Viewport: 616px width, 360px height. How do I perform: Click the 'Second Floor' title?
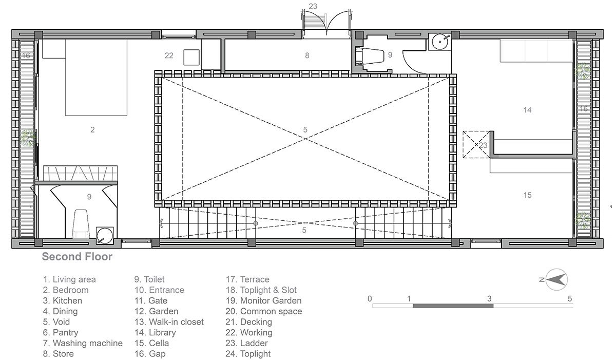click(x=77, y=257)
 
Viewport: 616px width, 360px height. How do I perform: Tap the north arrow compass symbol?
click(x=556, y=280)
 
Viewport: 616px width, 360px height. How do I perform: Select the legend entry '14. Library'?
click(x=155, y=332)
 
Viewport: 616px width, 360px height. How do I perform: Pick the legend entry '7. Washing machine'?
click(x=83, y=343)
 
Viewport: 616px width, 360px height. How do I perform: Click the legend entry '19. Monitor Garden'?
click(x=263, y=300)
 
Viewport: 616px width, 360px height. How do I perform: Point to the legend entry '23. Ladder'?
click(x=247, y=343)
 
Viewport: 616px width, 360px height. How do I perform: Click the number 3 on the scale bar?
click(x=489, y=299)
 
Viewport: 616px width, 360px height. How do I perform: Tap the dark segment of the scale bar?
click(x=453, y=306)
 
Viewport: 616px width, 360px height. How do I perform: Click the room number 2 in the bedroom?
click(x=92, y=129)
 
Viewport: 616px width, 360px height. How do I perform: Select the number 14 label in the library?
click(x=527, y=110)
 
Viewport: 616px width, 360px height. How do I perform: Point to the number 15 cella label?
click(x=527, y=195)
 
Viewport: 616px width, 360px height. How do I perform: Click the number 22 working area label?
click(x=169, y=55)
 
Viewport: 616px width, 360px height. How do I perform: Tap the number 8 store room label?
click(x=307, y=55)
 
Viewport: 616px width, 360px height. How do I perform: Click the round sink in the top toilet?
click(x=440, y=42)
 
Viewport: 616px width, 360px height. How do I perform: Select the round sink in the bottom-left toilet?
click(x=105, y=236)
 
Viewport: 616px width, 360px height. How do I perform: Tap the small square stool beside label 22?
click(x=191, y=57)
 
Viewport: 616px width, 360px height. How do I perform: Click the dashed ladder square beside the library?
click(x=476, y=145)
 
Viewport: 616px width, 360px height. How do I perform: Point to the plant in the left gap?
click(x=28, y=138)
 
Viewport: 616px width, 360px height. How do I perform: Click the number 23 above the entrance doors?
click(x=313, y=6)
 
